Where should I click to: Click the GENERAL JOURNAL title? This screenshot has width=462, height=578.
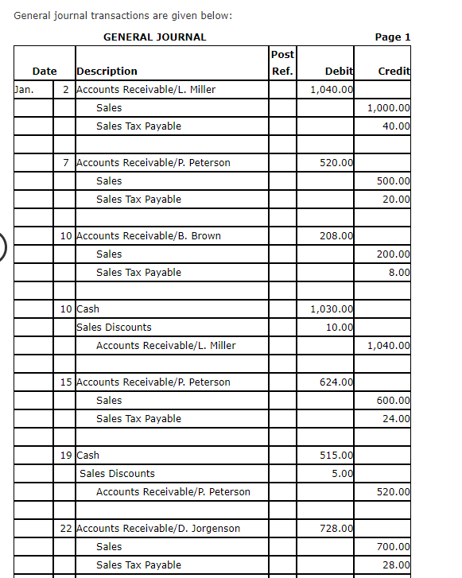point(154,37)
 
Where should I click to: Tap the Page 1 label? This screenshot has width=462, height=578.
point(392,37)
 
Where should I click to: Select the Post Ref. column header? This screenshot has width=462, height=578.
point(282,63)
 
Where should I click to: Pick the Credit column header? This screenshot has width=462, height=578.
point(394,71)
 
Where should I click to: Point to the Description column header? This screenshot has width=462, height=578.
point(107,71)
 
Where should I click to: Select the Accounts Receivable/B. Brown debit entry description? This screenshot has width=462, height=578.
point(148,235)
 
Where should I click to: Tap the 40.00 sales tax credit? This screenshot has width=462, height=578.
point(396,126)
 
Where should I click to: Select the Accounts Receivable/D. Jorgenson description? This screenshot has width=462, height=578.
point(157,528)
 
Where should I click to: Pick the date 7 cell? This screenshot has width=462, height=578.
point(66,162)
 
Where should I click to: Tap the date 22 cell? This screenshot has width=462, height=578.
point(66,528)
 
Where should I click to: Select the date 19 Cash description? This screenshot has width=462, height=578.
point(87,455)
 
